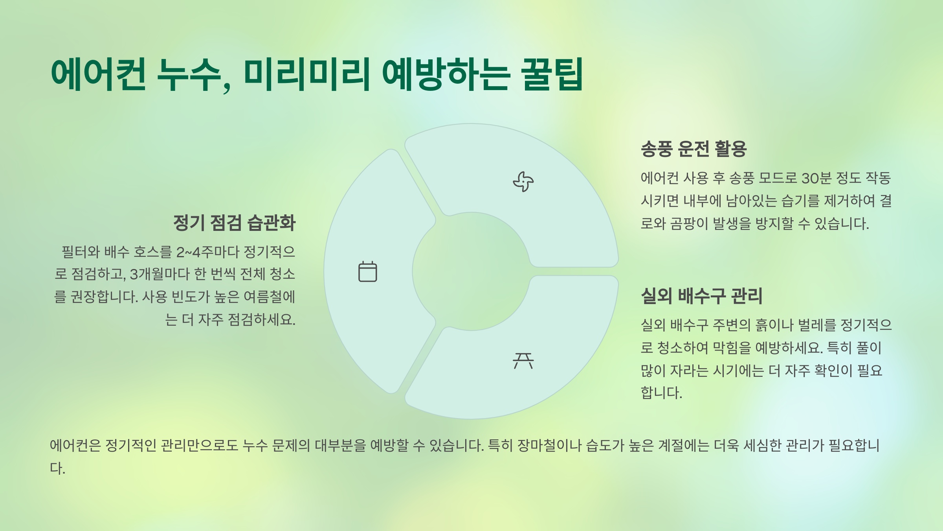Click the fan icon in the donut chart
click(523, 182)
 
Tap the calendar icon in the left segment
click(367, 271)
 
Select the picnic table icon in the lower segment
click(523, 360)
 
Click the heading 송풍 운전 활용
click(693, 149)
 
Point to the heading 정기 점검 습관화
click(234, 223)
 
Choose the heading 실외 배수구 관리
click(701, 296)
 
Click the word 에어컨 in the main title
click(98, 74)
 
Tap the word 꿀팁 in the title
click(552, 74)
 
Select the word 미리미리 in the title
click(307, 74)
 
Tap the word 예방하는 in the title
click(446, 74)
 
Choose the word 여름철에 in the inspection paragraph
click(269, 297)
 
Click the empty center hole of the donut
click(471, 271)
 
